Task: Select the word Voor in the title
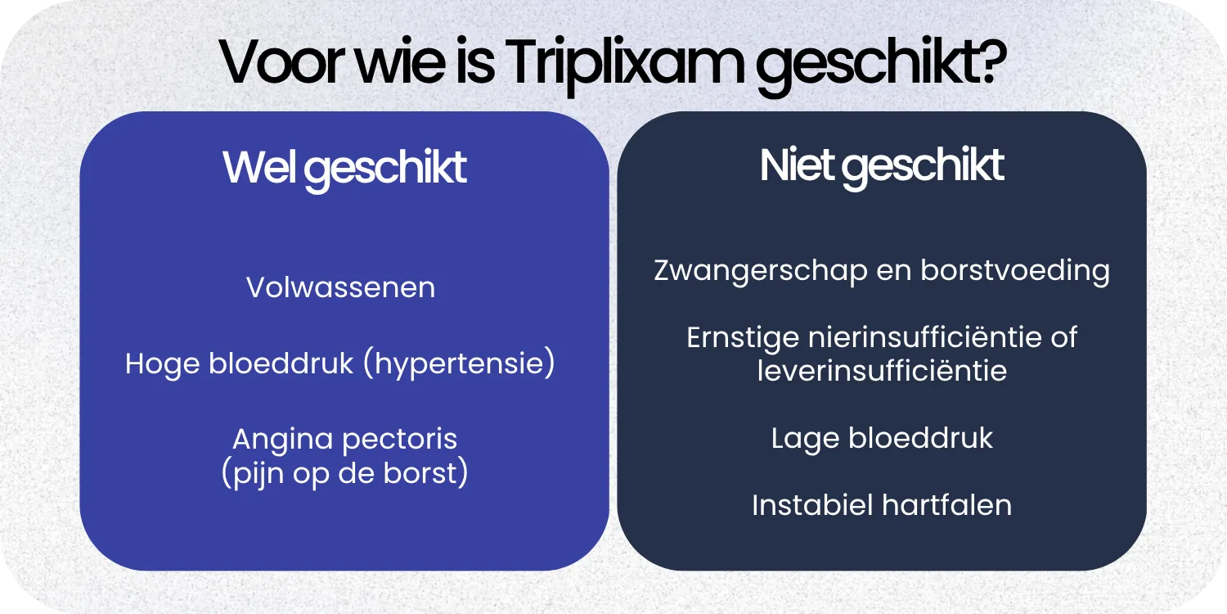pyautogui.click(x=279, y=63)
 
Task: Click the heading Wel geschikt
pyautogui.click(x=344, y=167)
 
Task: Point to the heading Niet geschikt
pyautogui.click(x=882, y=165)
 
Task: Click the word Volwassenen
pyautogui.click(x=341, y=288)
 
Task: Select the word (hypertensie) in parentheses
pyautogui.click(x=459, y=363)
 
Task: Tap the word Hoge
pyautogui.click(x=162, y=363)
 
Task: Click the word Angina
pyautogui.click(x=283, y=439)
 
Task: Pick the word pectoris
pyautogui.click(x=400, y=440)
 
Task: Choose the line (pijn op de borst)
pyautogui.click(x=344, y=474)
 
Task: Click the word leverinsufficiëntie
pyautogui.click(x=882, y=371)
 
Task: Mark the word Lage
pyautogui.click(x=805, y=438)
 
